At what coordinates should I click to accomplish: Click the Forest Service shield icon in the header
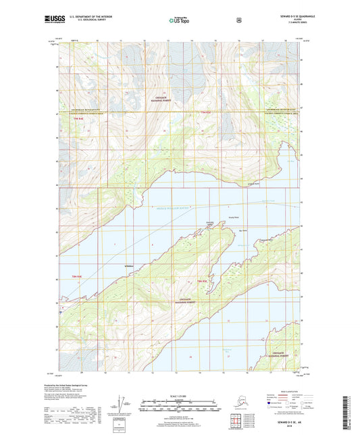click(238, 20)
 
